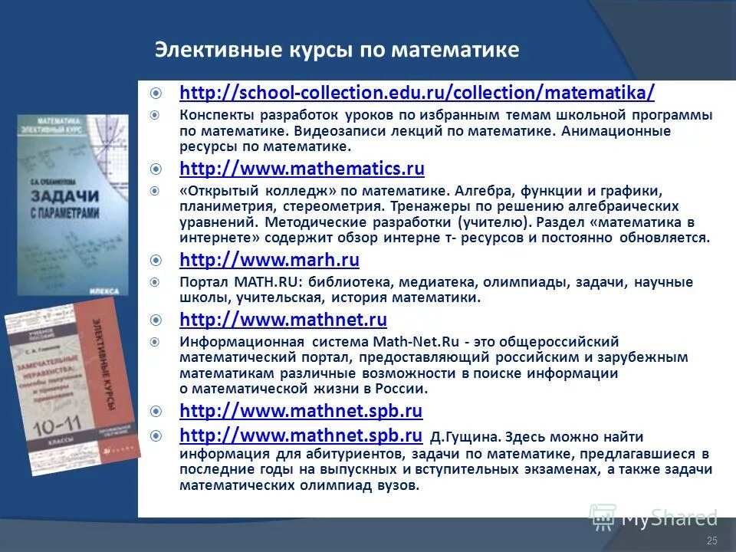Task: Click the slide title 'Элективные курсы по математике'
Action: click(x=337, y=51)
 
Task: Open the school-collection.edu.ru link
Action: click(x=417, y=93)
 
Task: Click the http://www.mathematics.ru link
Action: click(x=301, y=169)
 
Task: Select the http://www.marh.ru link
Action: click(x=269, y=260)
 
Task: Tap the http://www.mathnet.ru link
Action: click(x=283, y=319)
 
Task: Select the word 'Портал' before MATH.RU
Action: click(x=201, y=282)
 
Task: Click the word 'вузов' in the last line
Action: click(x=399, y=486)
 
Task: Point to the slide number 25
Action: click(x=711, y=541)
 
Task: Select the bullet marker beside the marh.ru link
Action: click(x=156, y=260)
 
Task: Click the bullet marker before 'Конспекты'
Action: click(x=156, y=115)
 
